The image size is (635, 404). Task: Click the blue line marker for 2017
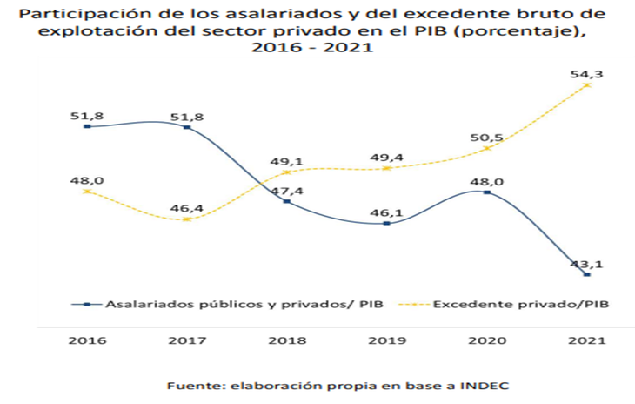pyautogui.click(x=186, y=127)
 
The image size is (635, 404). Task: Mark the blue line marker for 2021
pyautogui.click(x=588, y=275)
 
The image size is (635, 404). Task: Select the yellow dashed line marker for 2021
pyautogui.click(x=588, y=84)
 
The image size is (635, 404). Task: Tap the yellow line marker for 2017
pyautogui.click(x=186, y=219)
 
